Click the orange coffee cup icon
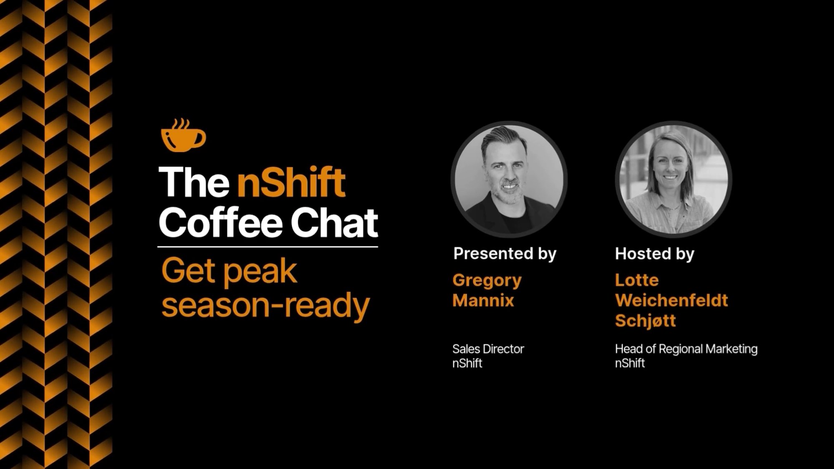click(x=183, y=136)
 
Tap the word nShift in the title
click(x=291, y=182)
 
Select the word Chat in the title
click(x=334, y=223)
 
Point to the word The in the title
click(x=194, y=182)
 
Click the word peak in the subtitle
click(x=260, y=272)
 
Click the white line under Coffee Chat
click(x=268, y=247)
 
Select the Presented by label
click(x=505, y=253)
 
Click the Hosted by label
click(x=654, y=253)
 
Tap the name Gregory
click(x=487, y=280)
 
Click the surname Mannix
click(x=483, y=300)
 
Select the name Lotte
click(x=636, y=280)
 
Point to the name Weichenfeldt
click(x=671, y=300)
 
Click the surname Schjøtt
click(x=645, y=321)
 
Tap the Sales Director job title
click(x=488, y=349)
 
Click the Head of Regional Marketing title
click(x=686, y=349)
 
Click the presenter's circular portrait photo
click(x=509, y=179)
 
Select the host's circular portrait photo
click(x=673, y=179)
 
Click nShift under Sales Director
click(x=467, y=363)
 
